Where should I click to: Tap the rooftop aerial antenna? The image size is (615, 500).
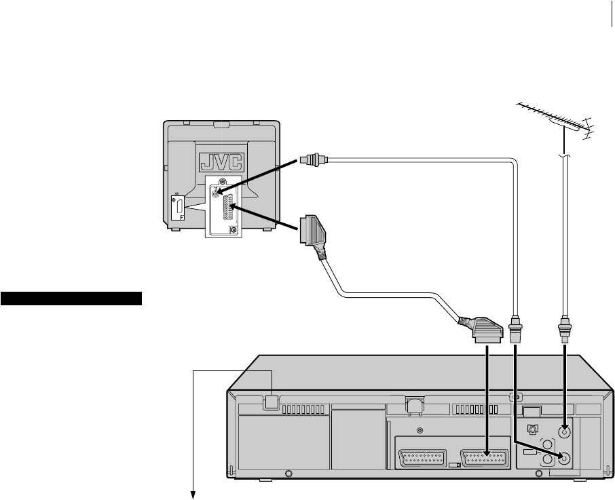[x=556, y=120]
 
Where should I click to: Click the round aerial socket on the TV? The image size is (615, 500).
[x=217, y=193]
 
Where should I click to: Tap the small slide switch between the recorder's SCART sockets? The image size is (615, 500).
[x=454, y=465]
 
